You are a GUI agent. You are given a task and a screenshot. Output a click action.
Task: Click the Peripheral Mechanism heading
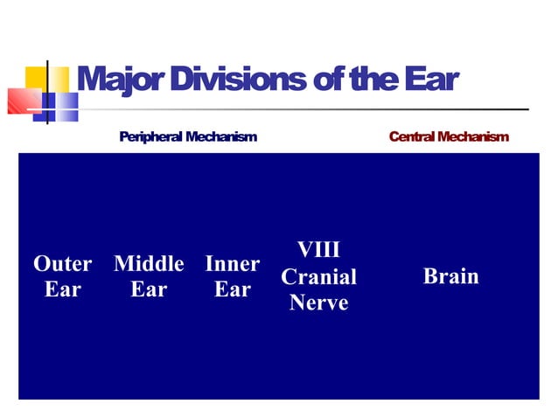(x=188, y=137)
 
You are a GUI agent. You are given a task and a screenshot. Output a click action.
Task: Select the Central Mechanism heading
(x=449, y=137)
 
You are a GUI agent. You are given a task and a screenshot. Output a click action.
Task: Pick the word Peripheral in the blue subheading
(x=151, y=137)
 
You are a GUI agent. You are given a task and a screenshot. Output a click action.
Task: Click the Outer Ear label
(x=62, y=276)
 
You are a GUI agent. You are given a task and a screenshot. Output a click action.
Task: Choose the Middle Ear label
(x=149, y=276)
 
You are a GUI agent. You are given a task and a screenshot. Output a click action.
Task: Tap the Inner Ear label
(x=232, y=276)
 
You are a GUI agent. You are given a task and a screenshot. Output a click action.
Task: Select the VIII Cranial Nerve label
(x=318, y=276)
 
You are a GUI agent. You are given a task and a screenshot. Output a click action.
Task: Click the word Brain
(x=450, y=276)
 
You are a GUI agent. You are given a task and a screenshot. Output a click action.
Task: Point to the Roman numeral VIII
(x=318, y=250)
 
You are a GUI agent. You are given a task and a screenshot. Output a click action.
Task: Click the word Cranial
(x=318, y=277)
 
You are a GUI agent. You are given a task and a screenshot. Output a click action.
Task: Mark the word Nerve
(x=318, y=303)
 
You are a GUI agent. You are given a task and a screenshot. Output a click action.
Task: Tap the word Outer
(x=62, y=263)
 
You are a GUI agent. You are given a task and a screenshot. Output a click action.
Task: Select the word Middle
(x=149, y=263)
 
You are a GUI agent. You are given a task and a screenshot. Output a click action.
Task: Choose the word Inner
(x=232, y=263)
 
